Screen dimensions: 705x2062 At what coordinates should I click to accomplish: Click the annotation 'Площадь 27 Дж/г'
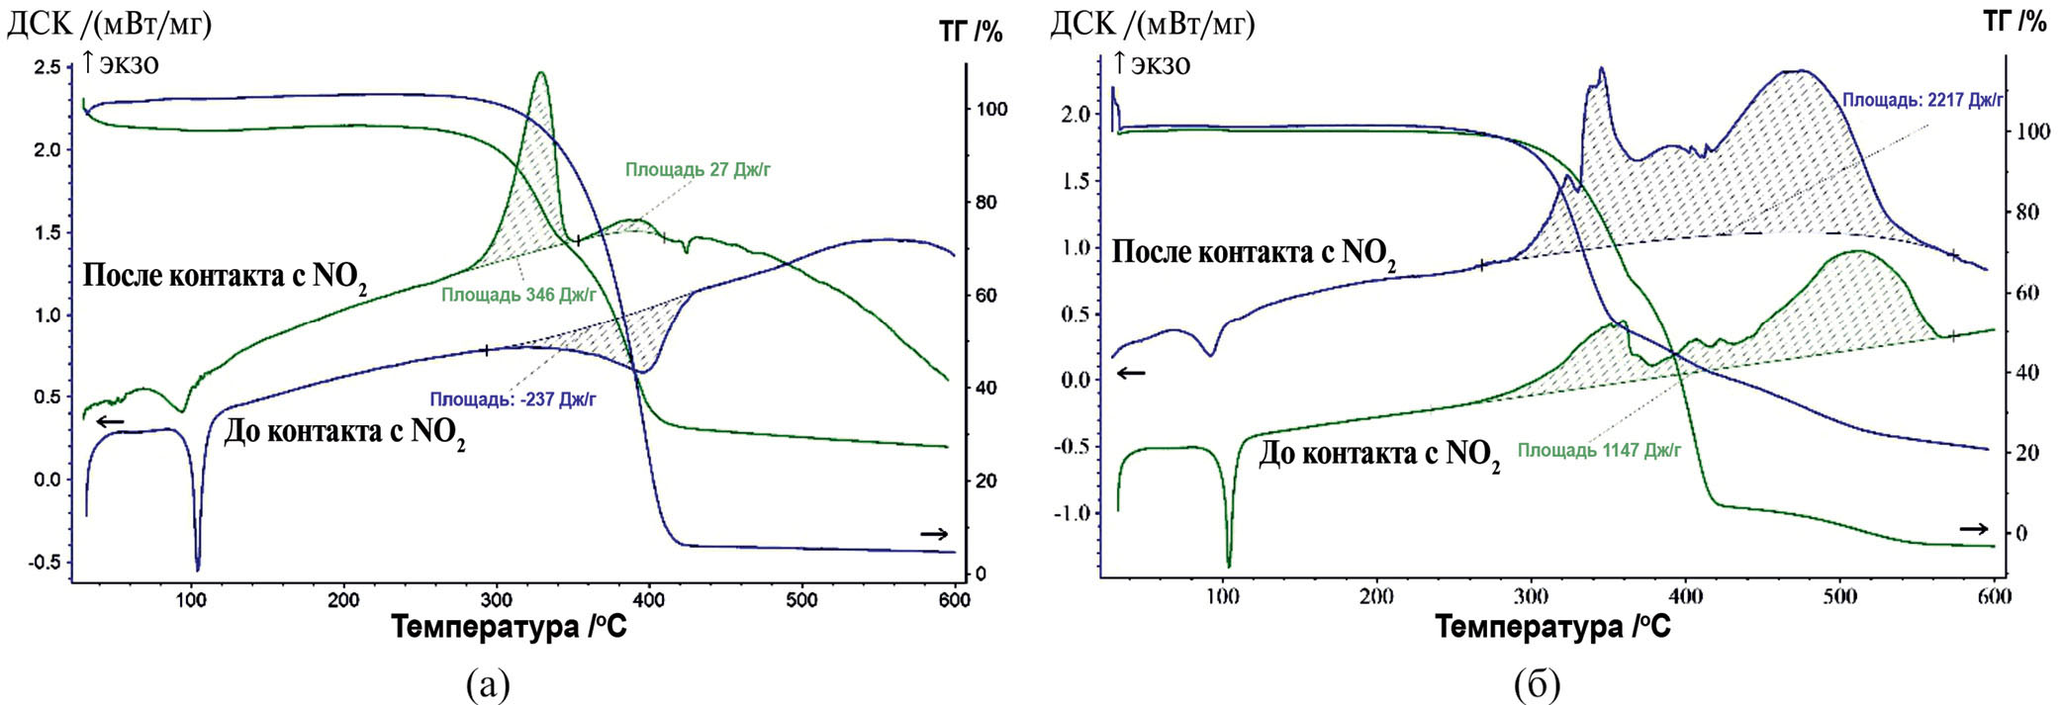coord(698,170)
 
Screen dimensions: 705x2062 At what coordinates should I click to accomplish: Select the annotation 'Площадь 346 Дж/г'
coord(518,295)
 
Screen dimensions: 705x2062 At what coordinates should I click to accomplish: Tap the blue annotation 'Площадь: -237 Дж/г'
coord(513,400)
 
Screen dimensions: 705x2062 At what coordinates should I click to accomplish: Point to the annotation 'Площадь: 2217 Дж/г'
coord(1922,100)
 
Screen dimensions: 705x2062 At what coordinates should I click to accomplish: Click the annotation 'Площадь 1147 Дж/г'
coord(1599,451)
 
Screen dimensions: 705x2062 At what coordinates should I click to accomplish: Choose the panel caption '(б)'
coord(1536,684)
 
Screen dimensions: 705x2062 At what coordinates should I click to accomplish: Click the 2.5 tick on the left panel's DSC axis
coord(47,67)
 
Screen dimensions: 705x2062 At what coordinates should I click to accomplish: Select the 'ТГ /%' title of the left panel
coord(971,33)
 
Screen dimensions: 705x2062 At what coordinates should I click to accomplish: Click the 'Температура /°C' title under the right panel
coord(1552,627)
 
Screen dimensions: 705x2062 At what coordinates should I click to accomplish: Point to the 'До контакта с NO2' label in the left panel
coord(344,433)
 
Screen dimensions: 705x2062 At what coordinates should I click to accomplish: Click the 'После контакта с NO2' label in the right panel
coord(1254,253)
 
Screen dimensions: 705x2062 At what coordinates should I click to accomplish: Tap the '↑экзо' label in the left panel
coord(120,64)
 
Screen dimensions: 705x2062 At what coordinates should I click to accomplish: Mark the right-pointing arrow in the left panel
coord(934,535)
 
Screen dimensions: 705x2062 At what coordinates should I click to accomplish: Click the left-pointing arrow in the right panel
coord(1131,373)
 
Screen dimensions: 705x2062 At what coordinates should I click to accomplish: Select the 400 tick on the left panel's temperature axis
coord(649,600)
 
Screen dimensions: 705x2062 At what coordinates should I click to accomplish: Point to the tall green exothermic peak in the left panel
coord(540,74)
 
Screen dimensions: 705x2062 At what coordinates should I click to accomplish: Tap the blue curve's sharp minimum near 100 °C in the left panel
coord(198,569)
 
